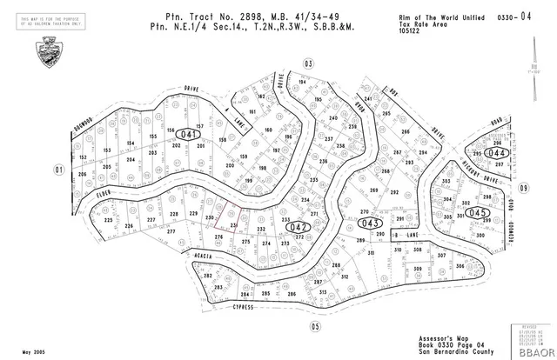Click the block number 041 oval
(x=187, y=136)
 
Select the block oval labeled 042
(x=298, y=228)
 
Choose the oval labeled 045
(x=476, y=212)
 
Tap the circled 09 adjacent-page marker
(x=524, y=188)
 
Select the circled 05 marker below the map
(x=315, y=326)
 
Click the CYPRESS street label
(x=242, y=307)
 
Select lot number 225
(x=109, y=221)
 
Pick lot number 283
(x=219, y=287)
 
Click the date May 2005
(x=34, y=351)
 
